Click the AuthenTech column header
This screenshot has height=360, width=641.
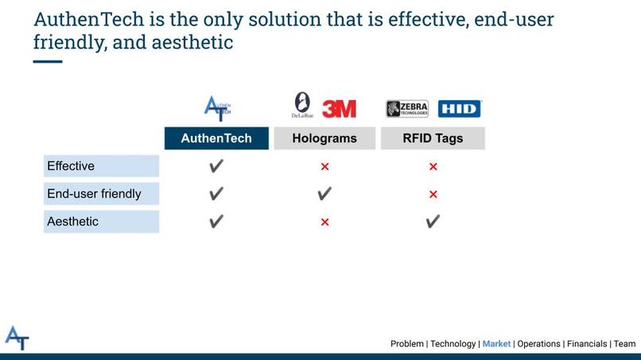(216, 138)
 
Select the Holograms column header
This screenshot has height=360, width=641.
(324, 138)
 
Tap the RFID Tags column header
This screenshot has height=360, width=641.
(433, 138)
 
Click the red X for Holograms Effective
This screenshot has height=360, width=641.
(324, 167)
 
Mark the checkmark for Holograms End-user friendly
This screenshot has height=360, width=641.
(324, 194)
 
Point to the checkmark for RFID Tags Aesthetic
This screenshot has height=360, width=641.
(433, 222)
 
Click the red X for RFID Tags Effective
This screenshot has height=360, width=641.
(433, 167)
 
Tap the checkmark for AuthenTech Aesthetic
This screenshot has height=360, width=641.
(216, 222)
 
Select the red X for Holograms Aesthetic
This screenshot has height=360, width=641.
(324, 223)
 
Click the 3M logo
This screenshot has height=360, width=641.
(339, 109)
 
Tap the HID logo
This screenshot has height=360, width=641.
(460, 109)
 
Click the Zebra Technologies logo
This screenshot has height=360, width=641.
(407, 109)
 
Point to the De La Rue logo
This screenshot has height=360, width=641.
(303, 105)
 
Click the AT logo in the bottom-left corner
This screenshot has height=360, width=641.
(17, 338)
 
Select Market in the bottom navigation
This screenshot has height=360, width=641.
(496, 344)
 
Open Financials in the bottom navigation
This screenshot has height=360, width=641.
(586, 344)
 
